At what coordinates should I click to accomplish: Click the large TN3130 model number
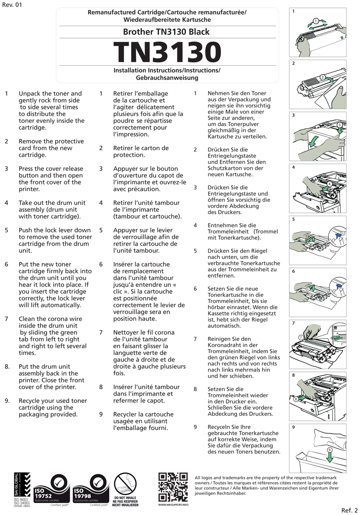point(167,52)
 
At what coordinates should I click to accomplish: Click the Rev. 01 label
point(12,5)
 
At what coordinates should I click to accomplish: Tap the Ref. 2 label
point(349,509)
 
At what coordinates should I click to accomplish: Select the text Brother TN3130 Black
point(167,32)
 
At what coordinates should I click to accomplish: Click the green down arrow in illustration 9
point(329,455)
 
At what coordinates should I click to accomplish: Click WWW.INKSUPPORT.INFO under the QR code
point(173,505)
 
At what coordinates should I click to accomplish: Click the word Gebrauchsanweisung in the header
point(167,78)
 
